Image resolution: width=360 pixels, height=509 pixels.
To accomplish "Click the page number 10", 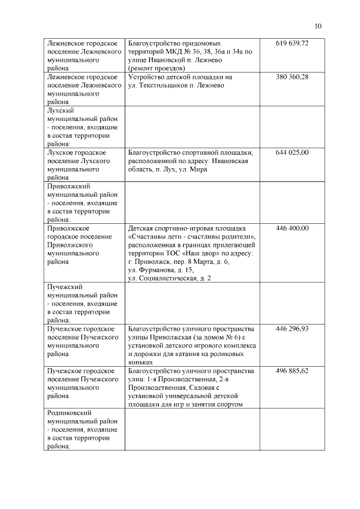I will point(318,26).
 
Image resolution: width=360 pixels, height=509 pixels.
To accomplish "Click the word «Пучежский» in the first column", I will point(65,287).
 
